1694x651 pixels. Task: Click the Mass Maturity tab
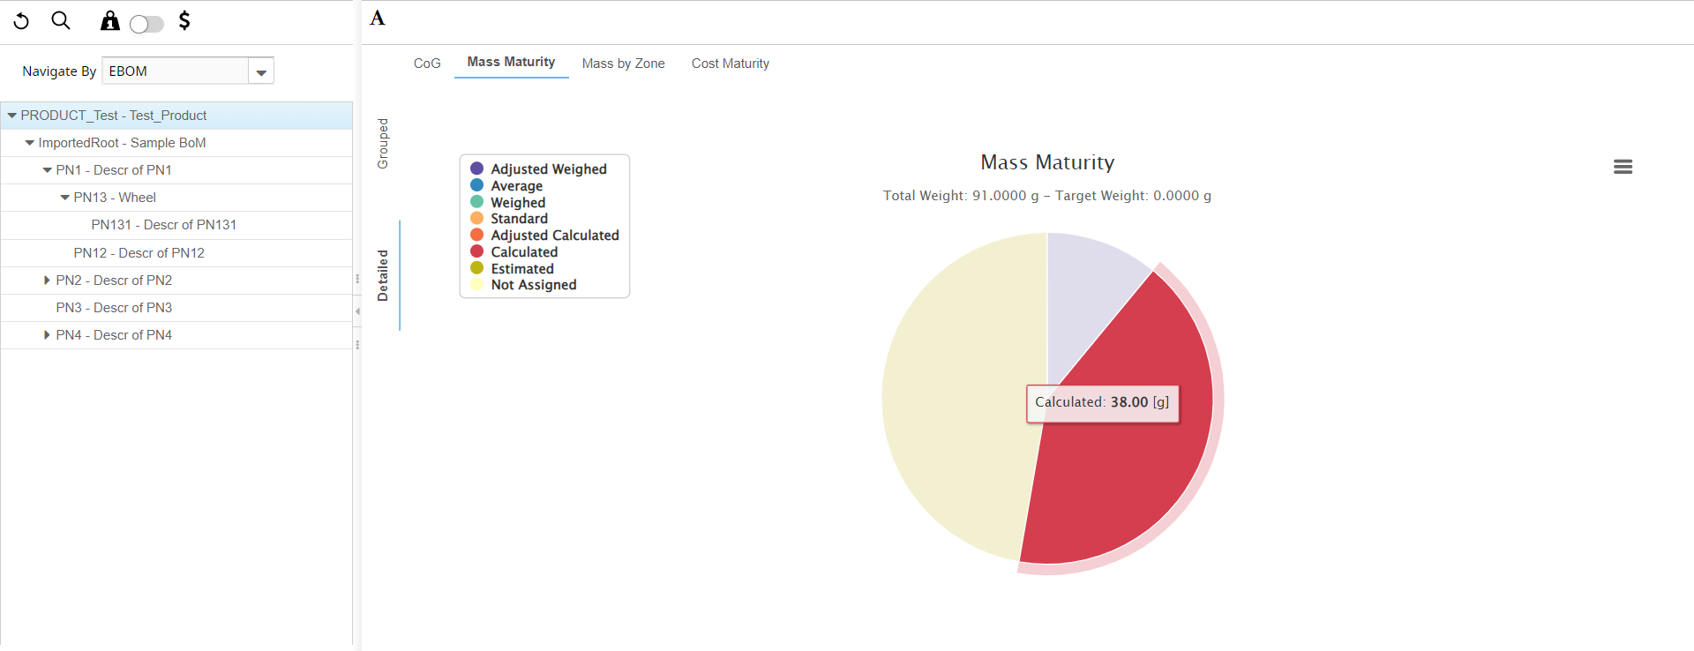click(x=511, y=62)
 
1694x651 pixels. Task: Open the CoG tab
click(x=427, y=64)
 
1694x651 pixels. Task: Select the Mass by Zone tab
click(x=623, y=64)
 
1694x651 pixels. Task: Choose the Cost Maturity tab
click(x=730, y=64)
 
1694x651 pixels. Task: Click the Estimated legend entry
click(x=521, y=269)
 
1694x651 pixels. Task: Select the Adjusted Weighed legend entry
click(x=548, y=169)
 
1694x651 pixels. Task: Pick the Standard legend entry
click(x=519, y=219)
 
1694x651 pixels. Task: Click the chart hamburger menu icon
click(x=1623, y=167)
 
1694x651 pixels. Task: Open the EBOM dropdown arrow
click(x=261, y=72)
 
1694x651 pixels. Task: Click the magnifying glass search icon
click(x=61, y=20)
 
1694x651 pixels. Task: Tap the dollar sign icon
click(x=184, y=20)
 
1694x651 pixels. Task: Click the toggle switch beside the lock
click(x=146, y=24)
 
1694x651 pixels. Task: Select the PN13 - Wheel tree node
click(x=114, y=198)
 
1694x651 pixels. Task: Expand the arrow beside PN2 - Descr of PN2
click(x=47, y=281)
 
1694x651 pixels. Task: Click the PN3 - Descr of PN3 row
click(x=114, y=308)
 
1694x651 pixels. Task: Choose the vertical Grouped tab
click(x=383, y=143)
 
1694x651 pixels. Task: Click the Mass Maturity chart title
click(x=1047, y=162)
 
